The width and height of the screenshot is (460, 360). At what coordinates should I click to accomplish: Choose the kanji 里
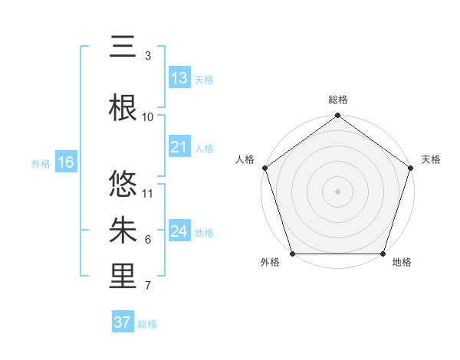tap(123, 277)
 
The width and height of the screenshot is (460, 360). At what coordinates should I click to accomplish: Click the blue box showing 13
tap(179, 78)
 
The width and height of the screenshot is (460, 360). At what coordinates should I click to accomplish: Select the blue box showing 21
tap(179, 147)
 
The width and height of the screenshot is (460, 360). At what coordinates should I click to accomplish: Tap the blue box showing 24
tap(179, 231)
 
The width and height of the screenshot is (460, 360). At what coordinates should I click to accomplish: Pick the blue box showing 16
tap(65, 162)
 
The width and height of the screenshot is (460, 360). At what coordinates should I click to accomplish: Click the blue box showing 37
tap(123, 322)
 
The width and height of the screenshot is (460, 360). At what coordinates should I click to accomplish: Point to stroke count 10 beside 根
tap(148, 116)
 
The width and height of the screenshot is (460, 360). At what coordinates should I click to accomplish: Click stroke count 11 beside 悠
tap(148, 193)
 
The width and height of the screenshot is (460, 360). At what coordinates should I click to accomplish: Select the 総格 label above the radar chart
tap(338, 100)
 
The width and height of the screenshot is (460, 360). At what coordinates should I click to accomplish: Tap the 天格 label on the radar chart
tap(432, 159)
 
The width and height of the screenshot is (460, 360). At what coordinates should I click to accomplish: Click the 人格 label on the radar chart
tap(245, 159)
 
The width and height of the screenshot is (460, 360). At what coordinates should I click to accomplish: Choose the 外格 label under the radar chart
tap(270, 263)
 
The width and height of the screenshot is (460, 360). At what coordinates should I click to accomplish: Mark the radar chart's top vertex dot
tap(338, 116)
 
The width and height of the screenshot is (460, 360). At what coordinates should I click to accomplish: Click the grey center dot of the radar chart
tap(338, 191)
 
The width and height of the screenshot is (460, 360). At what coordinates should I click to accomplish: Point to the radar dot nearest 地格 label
tap(383, 254)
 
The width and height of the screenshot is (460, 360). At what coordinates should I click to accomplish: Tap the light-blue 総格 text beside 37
tap(147, 324)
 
